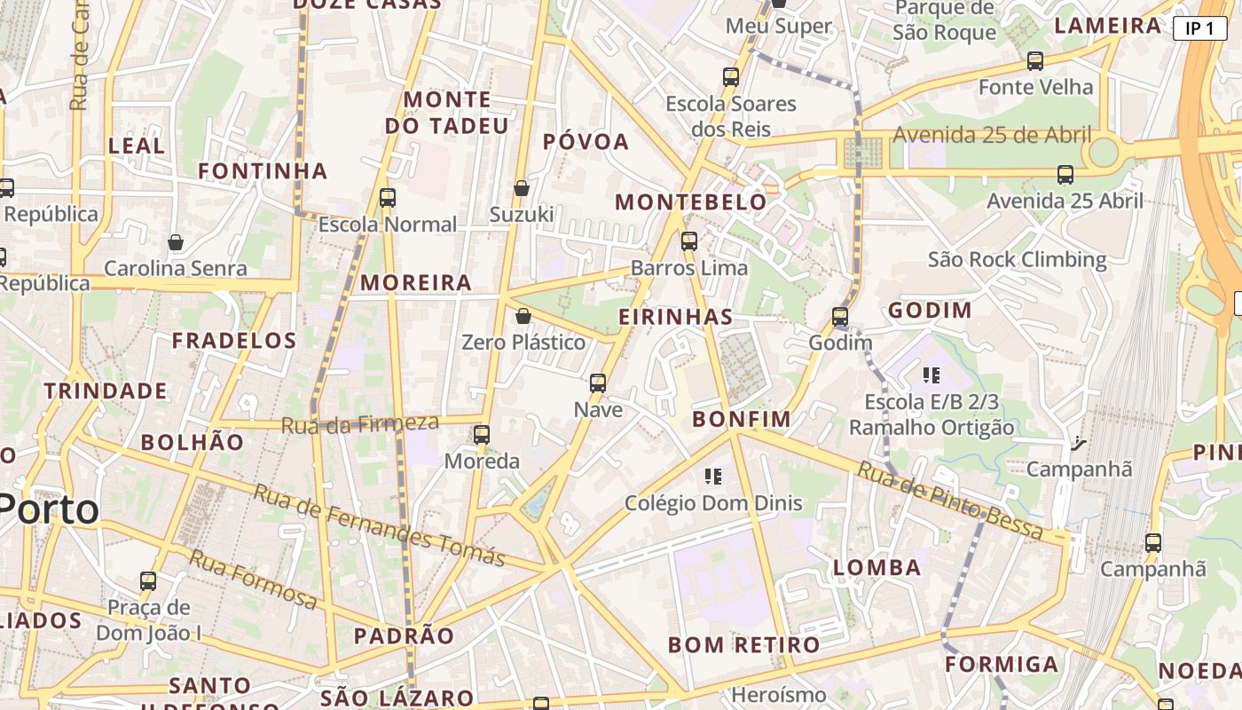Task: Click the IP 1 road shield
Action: [x=1199, y=28]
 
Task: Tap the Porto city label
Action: [x=49, y=509]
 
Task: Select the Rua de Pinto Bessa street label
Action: [x=948, y=501]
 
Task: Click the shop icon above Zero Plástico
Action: [x=523, y=316]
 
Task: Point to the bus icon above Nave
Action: [x=598, y=383]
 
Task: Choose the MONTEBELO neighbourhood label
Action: [x=691, y=201]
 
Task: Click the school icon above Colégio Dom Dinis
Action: [x=713, y=477]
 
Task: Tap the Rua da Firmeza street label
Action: [x=360, y=423]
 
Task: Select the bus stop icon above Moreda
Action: [x=481, y=435]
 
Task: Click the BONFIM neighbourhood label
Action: [x=741, y=418]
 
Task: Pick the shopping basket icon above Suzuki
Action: [x=522, y=188]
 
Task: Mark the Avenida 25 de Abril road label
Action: [x=992, y=135]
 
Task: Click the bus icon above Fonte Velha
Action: [x=1035, y=61]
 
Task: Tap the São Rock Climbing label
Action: [x=1017, y=260]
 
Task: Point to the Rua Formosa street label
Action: [x=254, y=580]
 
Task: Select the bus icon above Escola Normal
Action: [x=388, y=198]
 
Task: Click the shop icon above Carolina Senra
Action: [x=176, y=242]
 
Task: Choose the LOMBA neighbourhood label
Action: [x=877, y=567]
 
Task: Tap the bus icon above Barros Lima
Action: [x=689, y=241]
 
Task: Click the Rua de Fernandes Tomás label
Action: [x=379, y=525]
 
